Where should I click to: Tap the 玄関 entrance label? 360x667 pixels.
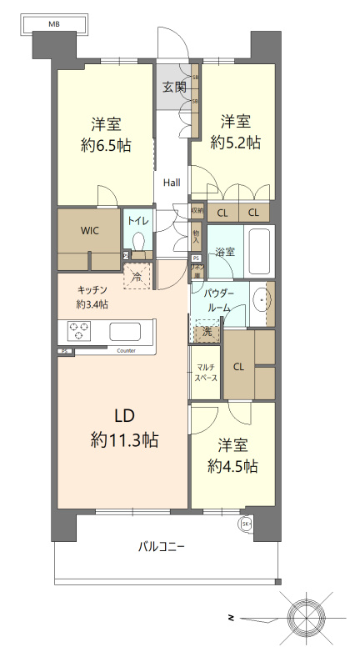(174, 87)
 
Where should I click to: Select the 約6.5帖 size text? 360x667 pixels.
(106, 143)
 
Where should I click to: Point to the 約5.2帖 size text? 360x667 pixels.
(235, 143)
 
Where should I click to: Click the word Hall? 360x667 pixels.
(172, 183)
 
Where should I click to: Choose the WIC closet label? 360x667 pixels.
(90, 232)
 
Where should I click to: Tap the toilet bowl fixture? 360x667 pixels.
(138, 243)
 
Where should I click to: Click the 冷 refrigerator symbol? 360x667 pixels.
(137, 276)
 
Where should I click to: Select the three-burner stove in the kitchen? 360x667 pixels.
(78, 331)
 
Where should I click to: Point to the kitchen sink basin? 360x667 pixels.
(127, 331)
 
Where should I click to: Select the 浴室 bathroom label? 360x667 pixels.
(225, 250)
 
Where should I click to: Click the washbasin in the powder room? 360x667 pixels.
(263, 298)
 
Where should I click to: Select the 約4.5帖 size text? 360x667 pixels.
(232, 465)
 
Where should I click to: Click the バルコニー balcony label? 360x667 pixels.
(162, 547)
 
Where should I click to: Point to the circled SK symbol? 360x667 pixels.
(246, 524)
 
